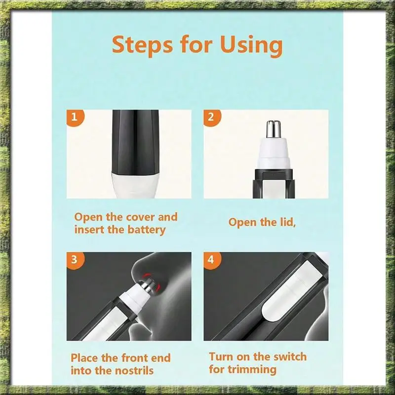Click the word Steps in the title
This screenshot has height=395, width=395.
(142, 45)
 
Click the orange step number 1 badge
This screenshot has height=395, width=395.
(75, 118)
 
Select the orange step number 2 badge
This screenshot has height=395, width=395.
(212, 118)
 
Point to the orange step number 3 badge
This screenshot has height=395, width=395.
(75, 260)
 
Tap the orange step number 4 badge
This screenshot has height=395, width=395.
(212, 260)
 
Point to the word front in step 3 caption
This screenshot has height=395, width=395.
(134, 358)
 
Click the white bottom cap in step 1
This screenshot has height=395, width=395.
(135, 186)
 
